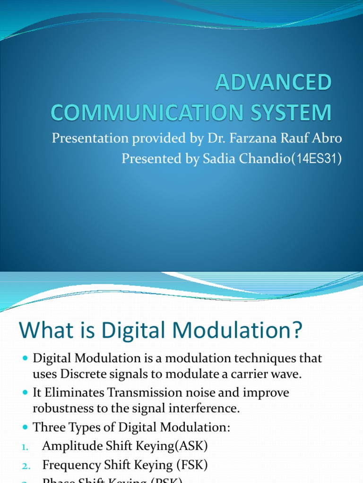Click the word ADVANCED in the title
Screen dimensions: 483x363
pos(274,83)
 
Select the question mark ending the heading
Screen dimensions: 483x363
pos(294,330)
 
